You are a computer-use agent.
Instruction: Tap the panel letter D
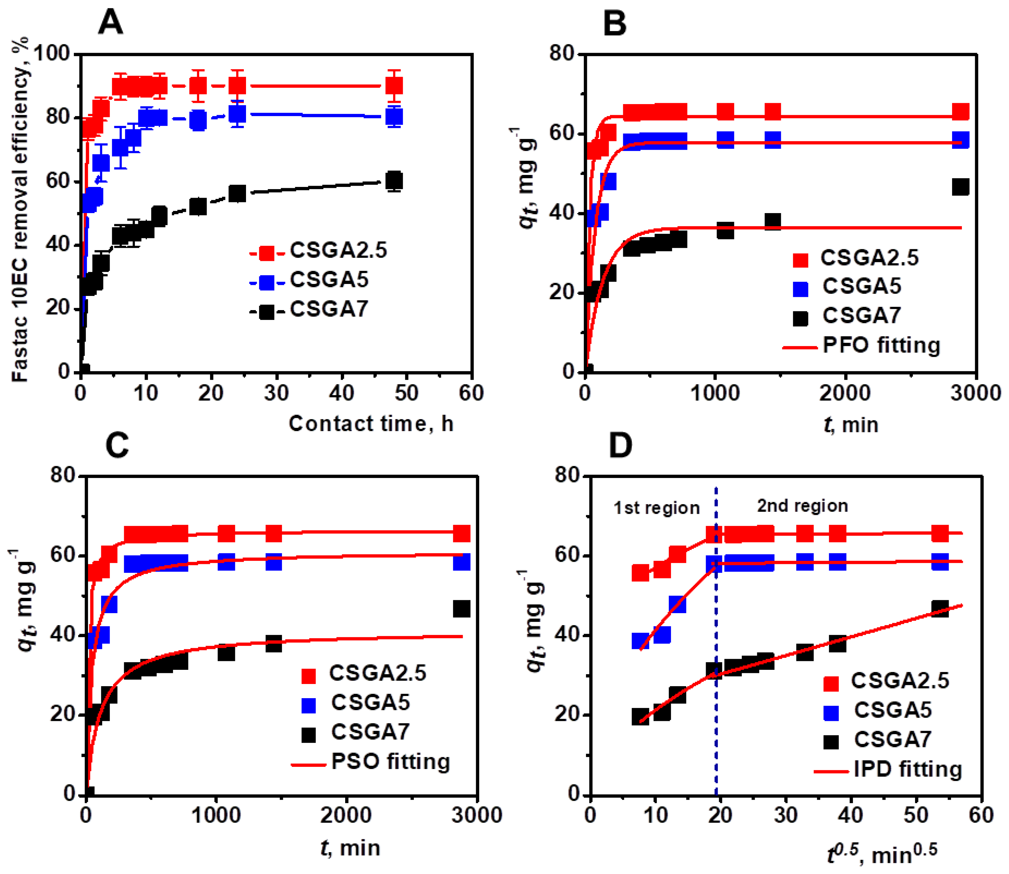[620, 445]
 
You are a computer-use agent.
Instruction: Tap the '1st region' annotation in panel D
[656, 508]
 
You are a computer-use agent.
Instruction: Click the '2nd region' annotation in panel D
[802, 506]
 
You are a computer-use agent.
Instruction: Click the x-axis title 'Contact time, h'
[371, 423]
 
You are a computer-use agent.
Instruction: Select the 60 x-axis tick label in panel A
[471, 393]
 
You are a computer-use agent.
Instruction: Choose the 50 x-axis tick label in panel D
[916, 815]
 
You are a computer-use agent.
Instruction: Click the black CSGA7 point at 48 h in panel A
[394, 181]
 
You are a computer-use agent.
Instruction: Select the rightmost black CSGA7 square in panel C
[461, 609]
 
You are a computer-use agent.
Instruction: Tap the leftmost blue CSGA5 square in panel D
[640, 641]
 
